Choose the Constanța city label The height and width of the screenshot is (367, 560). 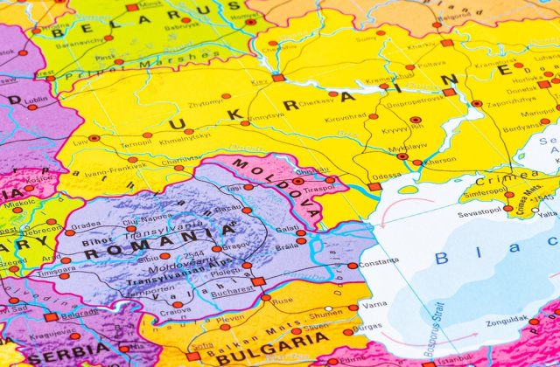point(378,262)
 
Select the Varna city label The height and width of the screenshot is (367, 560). point(374,305)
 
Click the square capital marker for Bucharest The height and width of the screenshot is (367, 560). point(258,280)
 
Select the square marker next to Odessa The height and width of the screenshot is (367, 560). point(374,186)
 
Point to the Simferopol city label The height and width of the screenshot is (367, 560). point(485,191)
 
